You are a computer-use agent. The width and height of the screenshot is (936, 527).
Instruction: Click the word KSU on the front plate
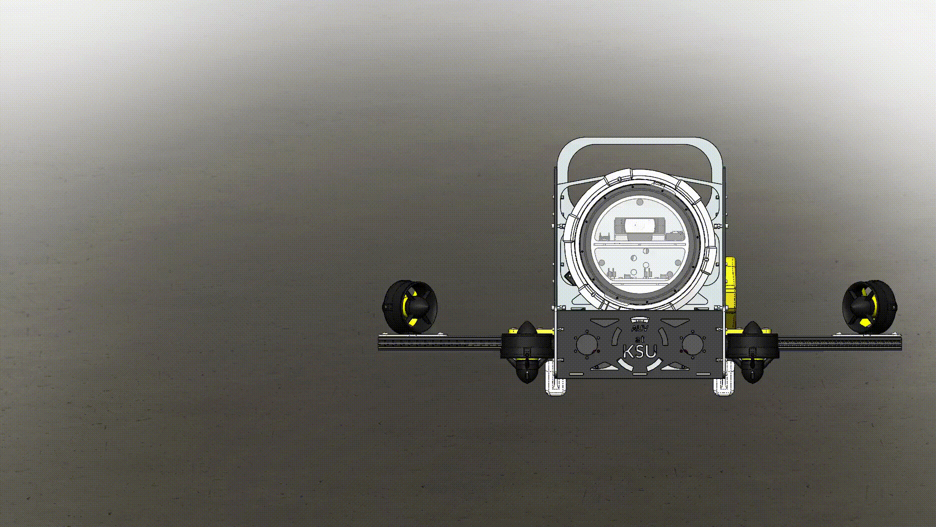click(639, 351)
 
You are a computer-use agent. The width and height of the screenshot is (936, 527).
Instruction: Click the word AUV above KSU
click(639, 329)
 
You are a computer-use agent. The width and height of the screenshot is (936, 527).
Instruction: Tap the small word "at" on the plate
click(639, 339)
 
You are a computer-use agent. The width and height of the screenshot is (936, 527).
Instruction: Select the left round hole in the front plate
click(586, 344)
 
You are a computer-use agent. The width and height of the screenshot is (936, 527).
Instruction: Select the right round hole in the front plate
click(692, 344)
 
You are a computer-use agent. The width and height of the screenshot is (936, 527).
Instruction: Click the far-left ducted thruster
click(410, 307)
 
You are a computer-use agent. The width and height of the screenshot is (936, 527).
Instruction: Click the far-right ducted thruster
click(869, 307)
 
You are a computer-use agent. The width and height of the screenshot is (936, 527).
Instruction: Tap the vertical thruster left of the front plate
click(526, 352)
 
